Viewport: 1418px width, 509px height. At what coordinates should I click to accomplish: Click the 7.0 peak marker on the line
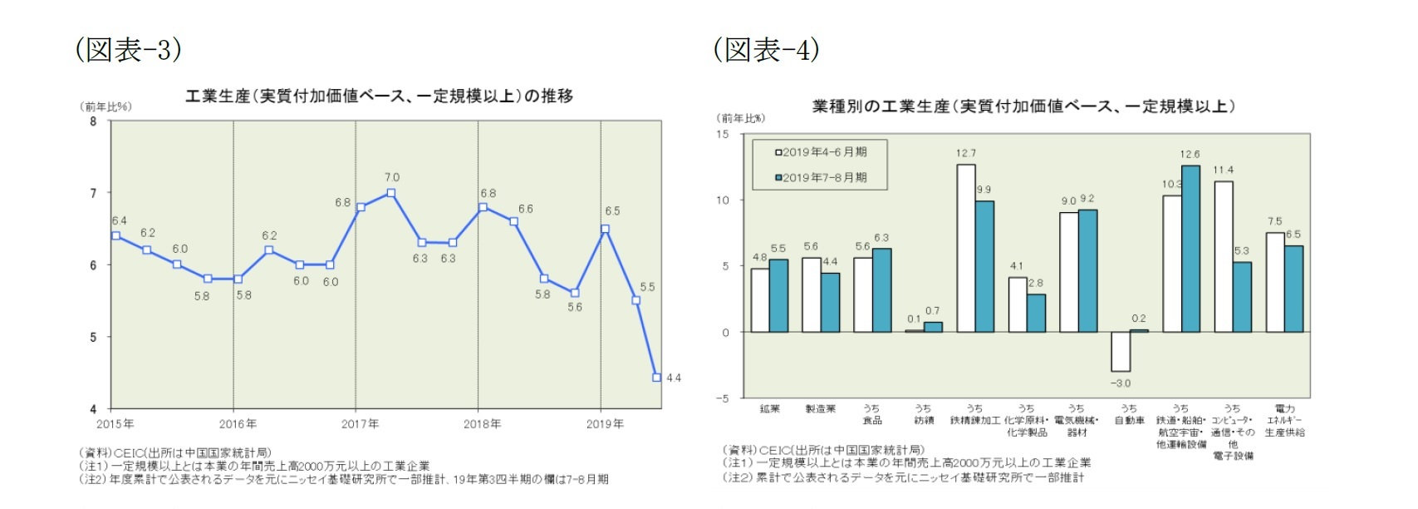pos(391,193)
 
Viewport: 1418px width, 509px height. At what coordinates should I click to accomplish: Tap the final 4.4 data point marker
pos(657,378)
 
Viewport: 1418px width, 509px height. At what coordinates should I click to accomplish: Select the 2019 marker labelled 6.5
pos(605,229)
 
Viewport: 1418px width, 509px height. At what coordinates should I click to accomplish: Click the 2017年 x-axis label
pos(360,424)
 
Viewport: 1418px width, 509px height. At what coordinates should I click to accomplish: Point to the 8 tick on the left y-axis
pos(93,121)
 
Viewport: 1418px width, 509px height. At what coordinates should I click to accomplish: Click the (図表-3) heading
pos(128,50)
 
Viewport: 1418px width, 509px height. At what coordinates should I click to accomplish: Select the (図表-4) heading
pos(766,50)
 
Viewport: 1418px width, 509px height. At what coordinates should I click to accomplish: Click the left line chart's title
pos(379,96)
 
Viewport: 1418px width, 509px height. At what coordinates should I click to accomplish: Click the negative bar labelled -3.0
pos(1121,351)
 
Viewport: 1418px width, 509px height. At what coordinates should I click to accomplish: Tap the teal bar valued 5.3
pos(1242,297)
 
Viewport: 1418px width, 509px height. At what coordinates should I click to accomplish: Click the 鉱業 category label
pos(769,409)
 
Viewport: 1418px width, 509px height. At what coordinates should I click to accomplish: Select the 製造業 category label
pos(821,409)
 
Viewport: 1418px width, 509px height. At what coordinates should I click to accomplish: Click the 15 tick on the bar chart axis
pos(723,135)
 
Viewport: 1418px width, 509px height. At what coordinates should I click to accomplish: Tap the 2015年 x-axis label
pos(115,424)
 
